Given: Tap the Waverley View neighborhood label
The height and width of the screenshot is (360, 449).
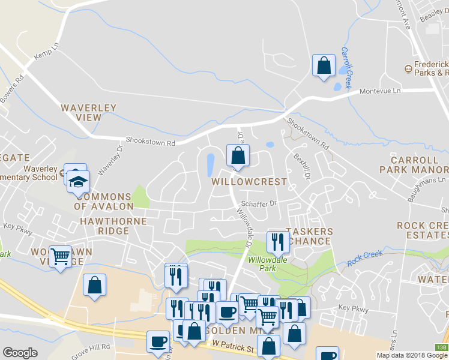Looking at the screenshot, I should pos(89,113).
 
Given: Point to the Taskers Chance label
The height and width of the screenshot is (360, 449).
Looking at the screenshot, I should pos(309,236).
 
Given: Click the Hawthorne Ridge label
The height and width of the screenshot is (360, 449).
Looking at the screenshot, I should pos(113,226).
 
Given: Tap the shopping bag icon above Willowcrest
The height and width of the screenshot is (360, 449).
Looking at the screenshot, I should pos(238,155).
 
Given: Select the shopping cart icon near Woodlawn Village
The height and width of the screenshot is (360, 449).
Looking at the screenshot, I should pos(60,257).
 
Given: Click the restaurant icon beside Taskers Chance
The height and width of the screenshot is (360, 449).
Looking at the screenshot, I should pos(277,242).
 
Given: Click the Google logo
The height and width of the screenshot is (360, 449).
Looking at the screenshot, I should pos(20,353).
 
